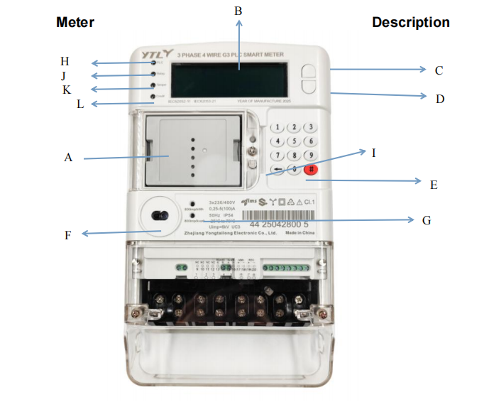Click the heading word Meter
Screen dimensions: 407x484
point(75,23)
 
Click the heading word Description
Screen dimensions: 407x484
point(410,23)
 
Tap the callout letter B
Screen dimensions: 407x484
point(238,10)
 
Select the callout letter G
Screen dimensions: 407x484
point(426,220)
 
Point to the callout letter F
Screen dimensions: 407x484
point(68,235)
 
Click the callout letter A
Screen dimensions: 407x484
point(68,158)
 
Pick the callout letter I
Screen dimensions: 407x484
point(373,153)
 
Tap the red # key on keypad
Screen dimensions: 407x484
point(311,169)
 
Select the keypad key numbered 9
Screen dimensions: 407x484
point(309,155)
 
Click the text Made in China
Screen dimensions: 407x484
point(297,232)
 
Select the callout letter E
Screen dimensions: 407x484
point(433,185)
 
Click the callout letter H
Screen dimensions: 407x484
point(65,60)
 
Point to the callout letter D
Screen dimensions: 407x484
point(439,99)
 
